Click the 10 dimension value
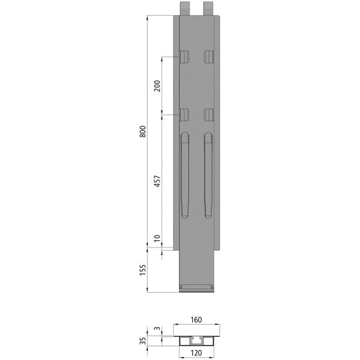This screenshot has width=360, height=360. coord(156,239)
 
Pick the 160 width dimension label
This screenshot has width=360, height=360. coord(197,319)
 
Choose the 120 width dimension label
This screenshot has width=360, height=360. coord(197,352)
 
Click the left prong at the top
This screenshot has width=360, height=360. coord(184,9)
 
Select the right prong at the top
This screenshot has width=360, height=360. coord(209,9)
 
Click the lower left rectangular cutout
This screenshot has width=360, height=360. coord(184,114)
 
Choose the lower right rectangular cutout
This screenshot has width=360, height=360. coord(209,114)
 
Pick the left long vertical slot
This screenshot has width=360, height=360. coord(184,174)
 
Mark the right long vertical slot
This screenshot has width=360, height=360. coord(208,174)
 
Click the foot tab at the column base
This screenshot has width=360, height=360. coord(197,287)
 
